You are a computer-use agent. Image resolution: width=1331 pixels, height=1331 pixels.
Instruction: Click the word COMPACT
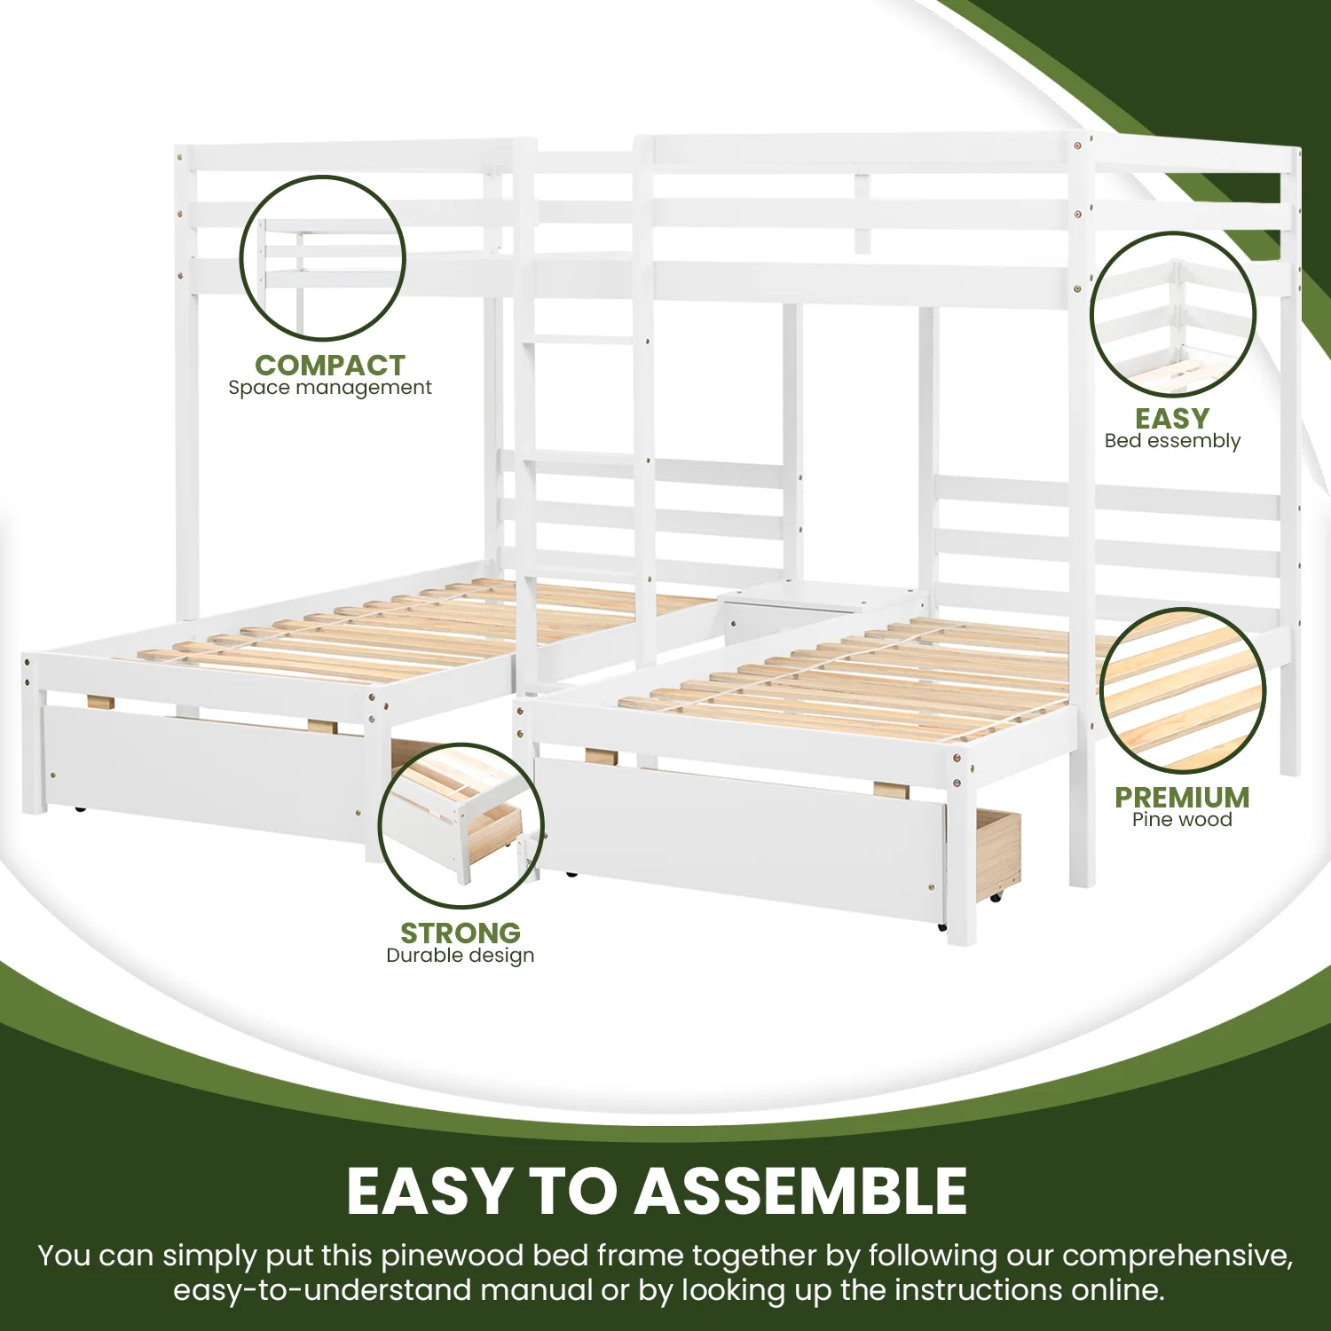tap(329, 365)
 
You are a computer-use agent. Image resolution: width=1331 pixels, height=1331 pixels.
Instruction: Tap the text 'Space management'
tap(329, 388)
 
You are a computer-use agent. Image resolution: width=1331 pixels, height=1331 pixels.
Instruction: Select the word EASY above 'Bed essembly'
tap(1172, 418)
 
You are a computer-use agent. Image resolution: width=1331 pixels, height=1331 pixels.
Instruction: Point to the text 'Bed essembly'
tap(1172, 441)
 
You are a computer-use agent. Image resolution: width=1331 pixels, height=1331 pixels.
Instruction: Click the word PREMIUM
tap(1182, 797)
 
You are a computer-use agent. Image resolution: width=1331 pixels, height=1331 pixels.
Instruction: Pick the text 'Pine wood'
tap(1182, 820)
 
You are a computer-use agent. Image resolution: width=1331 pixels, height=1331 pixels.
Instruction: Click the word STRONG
tap(460, 933)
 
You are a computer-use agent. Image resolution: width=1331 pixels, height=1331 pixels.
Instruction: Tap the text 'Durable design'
tap(460, 956)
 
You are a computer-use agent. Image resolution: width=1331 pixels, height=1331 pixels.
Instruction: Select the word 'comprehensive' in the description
tap(1176, 1256)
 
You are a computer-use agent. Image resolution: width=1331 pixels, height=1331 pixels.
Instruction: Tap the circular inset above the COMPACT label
tap(323, 258)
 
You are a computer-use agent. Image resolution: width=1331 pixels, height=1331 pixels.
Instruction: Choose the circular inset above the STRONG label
tap(461, 825)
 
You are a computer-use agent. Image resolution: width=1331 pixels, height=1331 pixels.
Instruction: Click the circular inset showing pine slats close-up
tap(1183, 690)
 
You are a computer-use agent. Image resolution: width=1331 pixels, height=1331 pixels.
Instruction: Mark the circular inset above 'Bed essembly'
tap(1172, 314)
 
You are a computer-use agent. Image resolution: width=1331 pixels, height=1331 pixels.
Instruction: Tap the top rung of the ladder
tap(581, 340)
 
